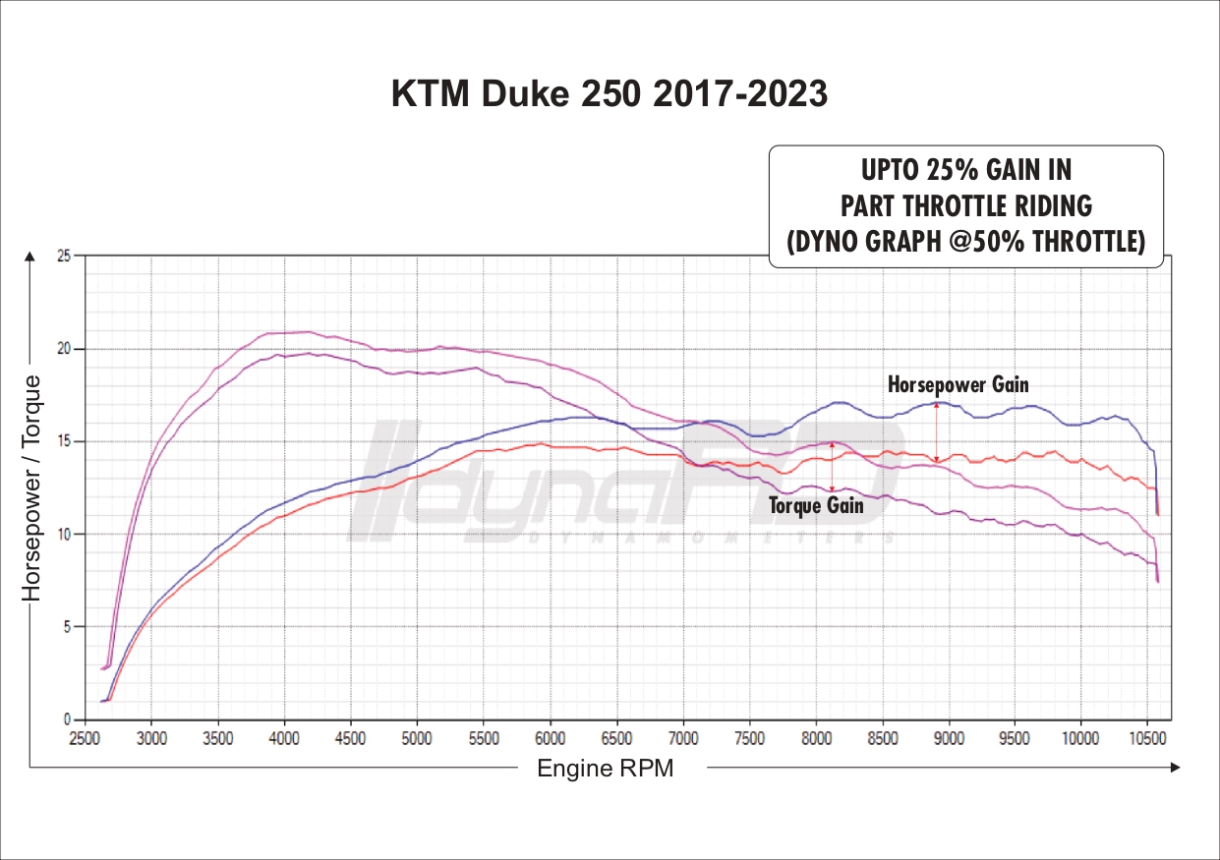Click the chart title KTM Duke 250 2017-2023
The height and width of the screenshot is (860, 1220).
pyautogui.click(x=610, y=94)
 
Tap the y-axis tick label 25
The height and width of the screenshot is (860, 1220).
pyautogui.click(x=65, y=257)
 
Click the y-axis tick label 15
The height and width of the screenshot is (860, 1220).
pyautogui.click(x=65, y=441)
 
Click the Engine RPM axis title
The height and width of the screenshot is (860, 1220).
pyautogui.click(x=606, y=769)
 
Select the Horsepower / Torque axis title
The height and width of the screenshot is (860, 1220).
pyautogui.click(x=32, y=487)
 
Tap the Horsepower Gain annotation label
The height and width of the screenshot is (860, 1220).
pyautogui.click(x=958, y=384)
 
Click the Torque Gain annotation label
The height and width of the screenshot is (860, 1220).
pyautogui.click(x=816, y=505)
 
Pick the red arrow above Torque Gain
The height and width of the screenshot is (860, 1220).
pyautogui.click(x=833, y=466)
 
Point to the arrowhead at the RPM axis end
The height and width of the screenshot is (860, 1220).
pyautogui.click(x=1174, y=768)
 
